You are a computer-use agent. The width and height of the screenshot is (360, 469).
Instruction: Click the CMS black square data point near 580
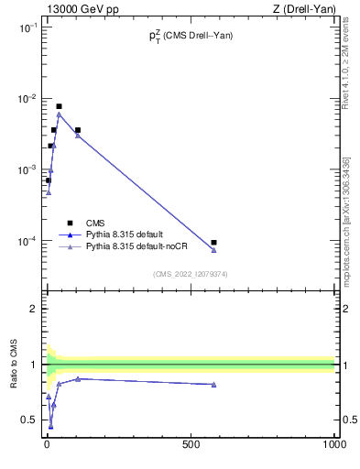(213, 243)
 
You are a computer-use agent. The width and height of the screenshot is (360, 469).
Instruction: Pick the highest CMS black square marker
(59, 106)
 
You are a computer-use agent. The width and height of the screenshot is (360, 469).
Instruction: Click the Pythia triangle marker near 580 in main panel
(213, 250)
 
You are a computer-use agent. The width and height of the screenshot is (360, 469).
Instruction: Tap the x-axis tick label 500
(191, 444)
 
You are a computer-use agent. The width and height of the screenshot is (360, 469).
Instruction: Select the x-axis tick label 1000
(333, 444)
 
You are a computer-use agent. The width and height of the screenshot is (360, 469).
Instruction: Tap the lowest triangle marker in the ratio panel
(50, 426)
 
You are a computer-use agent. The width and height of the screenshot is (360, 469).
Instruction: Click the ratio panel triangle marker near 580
(213, 385)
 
